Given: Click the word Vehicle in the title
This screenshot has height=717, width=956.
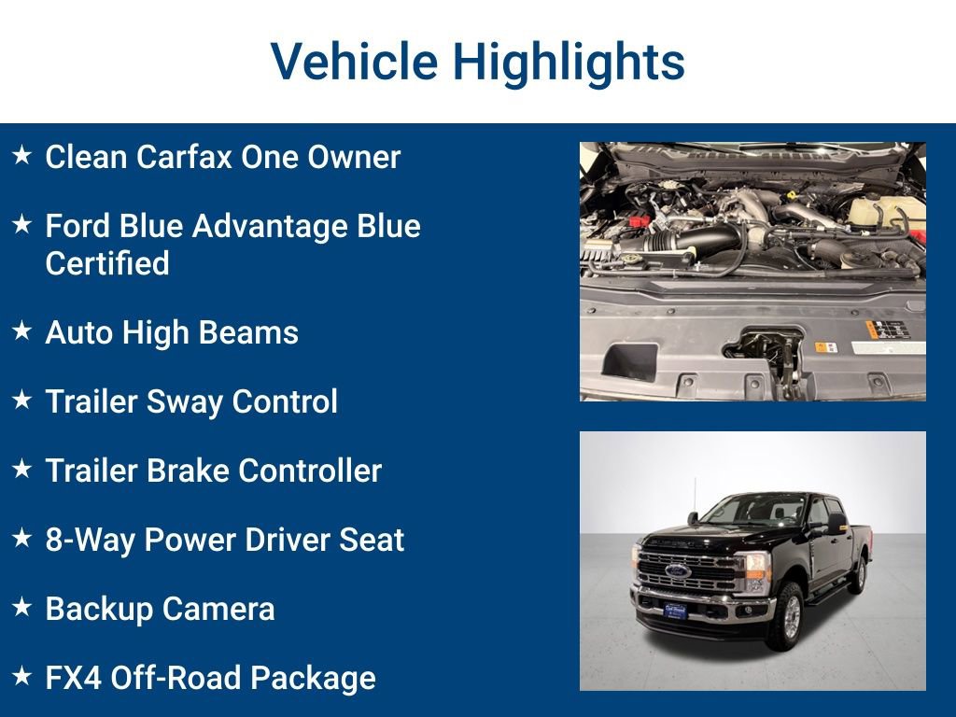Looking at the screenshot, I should coord(353,62).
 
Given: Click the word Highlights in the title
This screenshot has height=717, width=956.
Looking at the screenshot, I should coord(569,62).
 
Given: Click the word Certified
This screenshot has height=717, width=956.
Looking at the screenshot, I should coord(107,263).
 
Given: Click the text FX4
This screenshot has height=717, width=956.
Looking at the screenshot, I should coord(73,678).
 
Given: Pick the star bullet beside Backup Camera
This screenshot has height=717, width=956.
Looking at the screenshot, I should coord(22,608).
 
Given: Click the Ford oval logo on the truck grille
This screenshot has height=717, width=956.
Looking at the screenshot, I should coord(679,570).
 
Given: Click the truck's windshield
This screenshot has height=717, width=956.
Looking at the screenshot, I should coord(752,510).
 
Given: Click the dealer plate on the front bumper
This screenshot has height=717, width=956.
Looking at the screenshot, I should coord(674,612).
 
